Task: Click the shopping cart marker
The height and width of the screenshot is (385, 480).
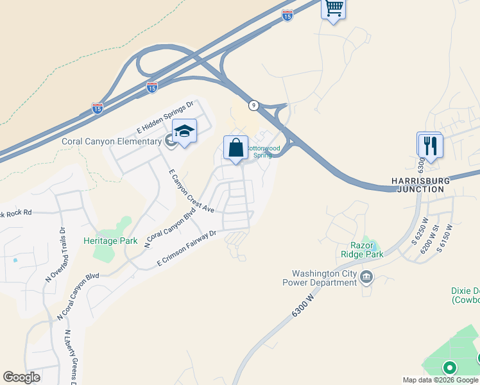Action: (333, 9)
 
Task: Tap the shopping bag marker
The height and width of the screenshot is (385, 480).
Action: (236, 148)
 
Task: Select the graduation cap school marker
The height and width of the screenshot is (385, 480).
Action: (184, 132)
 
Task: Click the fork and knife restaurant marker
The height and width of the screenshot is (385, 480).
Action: (429, 145)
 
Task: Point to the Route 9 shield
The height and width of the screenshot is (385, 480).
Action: (254, 105)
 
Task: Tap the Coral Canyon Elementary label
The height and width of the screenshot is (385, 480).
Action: (111, 142)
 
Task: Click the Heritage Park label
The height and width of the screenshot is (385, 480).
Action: (110, 241)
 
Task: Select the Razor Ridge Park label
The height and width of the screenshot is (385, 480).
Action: (366, 250)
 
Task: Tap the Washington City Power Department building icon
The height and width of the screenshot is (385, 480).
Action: (366, 277)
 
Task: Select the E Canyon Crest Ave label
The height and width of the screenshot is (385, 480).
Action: (191, 191)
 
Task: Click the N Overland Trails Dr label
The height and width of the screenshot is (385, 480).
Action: (56, 254)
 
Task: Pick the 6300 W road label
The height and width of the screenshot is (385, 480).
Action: (305, 305)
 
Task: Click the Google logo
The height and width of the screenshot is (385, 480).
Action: (21, 377)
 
